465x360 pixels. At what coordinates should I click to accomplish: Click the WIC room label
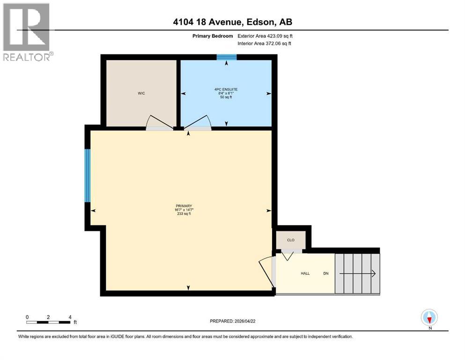coord(141,94)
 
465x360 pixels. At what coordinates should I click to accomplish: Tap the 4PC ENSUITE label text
coord(226,89)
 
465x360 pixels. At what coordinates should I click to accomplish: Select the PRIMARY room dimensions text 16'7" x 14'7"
coord(185,210)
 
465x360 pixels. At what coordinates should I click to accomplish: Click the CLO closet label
coord(291,240)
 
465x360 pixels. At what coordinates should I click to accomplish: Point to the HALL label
coord(305,273)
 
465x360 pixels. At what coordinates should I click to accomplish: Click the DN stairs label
coord(326,273)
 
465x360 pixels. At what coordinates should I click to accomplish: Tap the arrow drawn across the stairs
coord(357,273)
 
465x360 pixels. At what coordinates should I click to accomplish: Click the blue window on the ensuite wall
coord(227,58)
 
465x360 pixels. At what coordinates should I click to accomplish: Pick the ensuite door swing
coord(198,122)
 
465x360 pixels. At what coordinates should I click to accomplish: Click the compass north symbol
coord(429,318)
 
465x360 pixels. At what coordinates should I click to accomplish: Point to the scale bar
coord(48,322)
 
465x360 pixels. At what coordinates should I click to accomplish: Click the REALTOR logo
coord(27,32)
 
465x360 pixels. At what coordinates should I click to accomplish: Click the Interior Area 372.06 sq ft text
coord(265,44)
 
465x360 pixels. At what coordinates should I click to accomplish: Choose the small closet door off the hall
coord(287,255)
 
